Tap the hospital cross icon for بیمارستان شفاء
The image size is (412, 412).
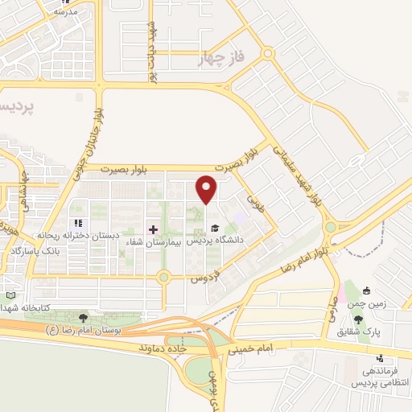[x=153, y=229]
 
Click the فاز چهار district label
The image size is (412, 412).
[x=220, y=60]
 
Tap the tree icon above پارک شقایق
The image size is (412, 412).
[x=358, y=319]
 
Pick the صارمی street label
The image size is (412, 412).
[x=332, y=305]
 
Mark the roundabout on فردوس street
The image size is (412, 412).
[x=163, y=278]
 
